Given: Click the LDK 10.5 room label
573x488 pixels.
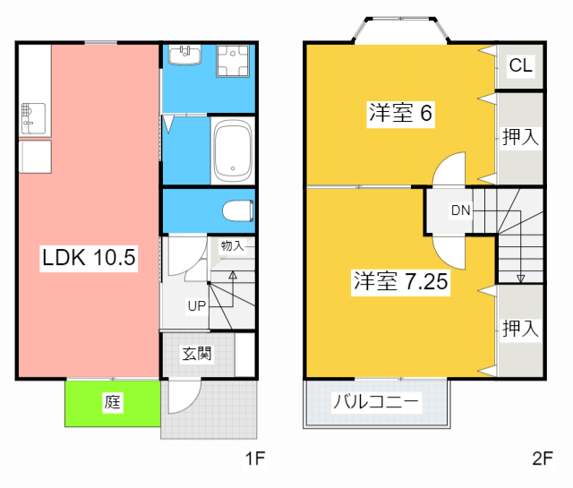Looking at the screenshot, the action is [x=88, y=259].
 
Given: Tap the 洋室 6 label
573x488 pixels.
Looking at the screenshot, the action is [x=400, y=114].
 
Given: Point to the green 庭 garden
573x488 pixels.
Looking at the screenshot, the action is [x=112, y=403].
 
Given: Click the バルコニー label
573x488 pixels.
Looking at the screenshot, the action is [x=376, y=402].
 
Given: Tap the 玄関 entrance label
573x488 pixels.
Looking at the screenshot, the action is [x=197, y=354].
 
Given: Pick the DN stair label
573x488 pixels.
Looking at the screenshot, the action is [x=460, y=211].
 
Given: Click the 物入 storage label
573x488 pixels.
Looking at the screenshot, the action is [x=232, y=245].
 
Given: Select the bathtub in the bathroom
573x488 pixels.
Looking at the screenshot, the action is [x=234, y=148].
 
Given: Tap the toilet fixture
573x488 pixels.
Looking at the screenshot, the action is [x=237, y=211].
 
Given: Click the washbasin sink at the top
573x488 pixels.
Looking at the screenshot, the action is [x=185, y=55].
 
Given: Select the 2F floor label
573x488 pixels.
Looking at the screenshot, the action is [x=542, y=459].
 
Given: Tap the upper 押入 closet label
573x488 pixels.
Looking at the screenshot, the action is [x=519, y=137].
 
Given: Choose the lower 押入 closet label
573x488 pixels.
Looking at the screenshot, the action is [x=519, y=329].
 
